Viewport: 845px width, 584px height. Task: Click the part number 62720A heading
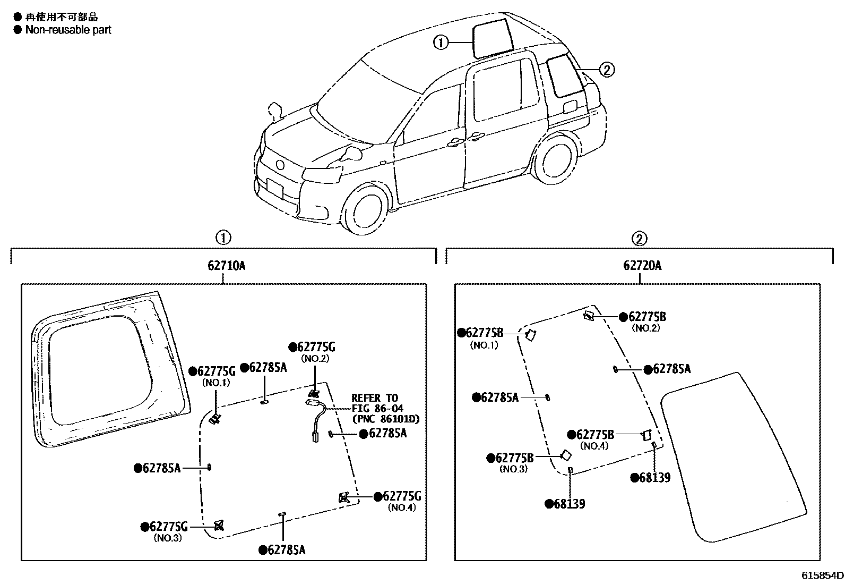pyautogui.click(x=642, y=266)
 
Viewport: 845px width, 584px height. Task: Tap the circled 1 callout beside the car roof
pyautogui.click(x=441, y=42)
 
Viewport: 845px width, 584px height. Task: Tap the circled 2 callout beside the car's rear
pyautogui.click(x=607, y=70)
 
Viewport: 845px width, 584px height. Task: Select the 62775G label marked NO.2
pyautogui.click(x=315, y=347)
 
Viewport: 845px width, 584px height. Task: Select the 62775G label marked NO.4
pyautogui.click(x=401, y=496)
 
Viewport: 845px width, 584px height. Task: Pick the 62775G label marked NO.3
pyautogui.click(x=168, y=527)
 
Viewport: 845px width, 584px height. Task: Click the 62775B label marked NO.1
pyautogui.click(x=484, y=333)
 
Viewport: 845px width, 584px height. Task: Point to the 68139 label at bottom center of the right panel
pyautogui.click(x=568, y=504)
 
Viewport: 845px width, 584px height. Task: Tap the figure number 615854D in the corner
pyautogui.click(x=822, y=575)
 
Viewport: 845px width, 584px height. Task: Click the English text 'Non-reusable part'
pyautogui.click(x=68, y=30)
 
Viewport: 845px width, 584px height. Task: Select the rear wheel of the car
pyautogui.click(x=555, y=161)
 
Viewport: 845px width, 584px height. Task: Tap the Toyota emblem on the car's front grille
pyautogui.click(x=280, y=164)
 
